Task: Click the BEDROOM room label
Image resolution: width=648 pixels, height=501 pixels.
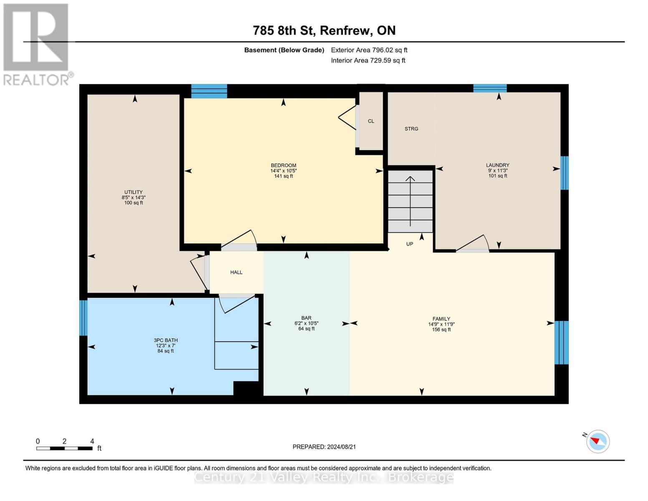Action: click(283, 165)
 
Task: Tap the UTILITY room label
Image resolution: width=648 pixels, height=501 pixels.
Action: click(133, 192)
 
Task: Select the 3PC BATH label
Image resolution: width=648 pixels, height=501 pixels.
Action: click(166, 340)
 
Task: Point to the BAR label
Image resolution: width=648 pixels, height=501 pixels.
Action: click(306, 318)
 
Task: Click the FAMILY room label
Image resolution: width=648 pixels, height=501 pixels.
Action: click(441, 319)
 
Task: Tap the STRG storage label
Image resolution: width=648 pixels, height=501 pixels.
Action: click(411, 129)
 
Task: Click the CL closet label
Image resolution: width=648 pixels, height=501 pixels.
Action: click(371, 121)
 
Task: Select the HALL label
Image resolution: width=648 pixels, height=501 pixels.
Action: click(236, 272)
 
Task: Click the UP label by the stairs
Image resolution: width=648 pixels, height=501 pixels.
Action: click(409, 244)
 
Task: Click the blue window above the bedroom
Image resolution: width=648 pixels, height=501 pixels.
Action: click(209, 91)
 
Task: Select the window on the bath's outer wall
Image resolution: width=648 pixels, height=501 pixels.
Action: click(83, 318)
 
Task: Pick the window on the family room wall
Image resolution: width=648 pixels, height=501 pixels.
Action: click(561, 342)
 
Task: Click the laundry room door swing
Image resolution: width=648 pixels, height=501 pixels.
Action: click(473, 244)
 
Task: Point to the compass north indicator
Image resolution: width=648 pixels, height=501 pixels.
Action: click(598, 441)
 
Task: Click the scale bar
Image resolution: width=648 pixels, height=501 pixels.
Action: click(64, 448)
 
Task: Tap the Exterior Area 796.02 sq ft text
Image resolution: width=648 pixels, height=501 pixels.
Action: click(369, 50)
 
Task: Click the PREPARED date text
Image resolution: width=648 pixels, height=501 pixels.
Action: click(324, 447)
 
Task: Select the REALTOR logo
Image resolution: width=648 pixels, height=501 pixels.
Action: click(36, 44)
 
